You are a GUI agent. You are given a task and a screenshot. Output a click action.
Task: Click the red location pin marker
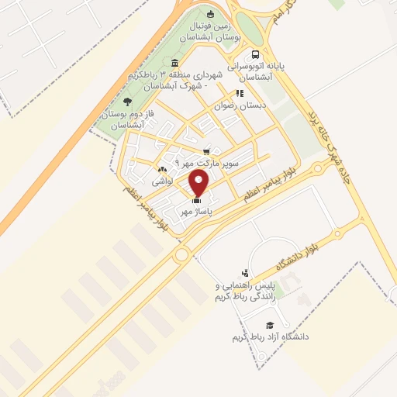pos(199,184)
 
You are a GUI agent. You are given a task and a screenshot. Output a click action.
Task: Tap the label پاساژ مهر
pos(196,210)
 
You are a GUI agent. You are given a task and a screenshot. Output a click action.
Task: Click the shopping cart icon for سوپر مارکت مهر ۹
pos(205,152)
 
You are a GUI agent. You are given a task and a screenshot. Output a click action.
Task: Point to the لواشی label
pos(161,181)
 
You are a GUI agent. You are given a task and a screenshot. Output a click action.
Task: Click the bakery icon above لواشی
pos(161,170)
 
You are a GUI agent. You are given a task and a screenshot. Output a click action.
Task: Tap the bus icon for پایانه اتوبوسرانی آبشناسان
pos(255,54)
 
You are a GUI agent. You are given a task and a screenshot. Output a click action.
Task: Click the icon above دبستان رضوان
pos(240,93)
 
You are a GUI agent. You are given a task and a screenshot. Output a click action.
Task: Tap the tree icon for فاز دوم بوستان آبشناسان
pos(127,102)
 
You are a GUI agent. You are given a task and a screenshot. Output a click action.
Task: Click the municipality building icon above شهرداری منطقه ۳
pos(174,63)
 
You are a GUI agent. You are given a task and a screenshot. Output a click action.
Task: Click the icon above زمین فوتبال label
pos(211,13)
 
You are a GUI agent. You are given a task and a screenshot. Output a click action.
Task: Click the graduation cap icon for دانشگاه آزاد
pos(270,326)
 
